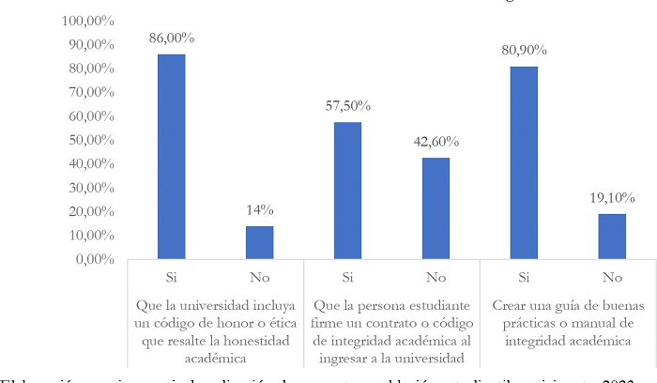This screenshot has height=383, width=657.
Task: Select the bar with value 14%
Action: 259,242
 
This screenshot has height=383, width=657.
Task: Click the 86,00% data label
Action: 171,38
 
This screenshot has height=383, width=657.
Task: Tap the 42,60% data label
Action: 435,142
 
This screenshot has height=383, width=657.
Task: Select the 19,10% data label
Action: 612,198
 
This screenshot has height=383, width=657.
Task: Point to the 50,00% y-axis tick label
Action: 87,140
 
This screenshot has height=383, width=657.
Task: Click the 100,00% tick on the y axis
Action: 84,21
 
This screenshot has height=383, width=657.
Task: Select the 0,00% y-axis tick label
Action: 90,259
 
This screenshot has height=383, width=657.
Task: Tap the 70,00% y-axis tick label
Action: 87,92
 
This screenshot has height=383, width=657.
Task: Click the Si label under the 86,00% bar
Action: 171,278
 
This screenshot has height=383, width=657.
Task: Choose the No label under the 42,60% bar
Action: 435,278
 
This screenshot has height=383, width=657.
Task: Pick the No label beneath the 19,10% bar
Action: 612,278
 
